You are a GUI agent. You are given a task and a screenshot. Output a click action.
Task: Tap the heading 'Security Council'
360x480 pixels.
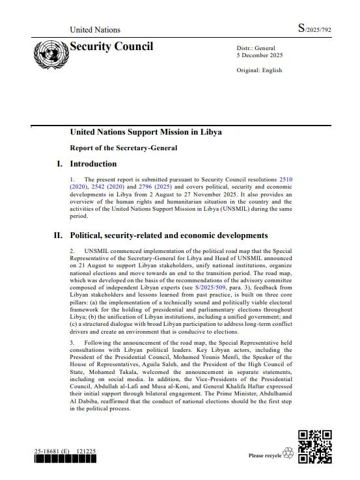pyautogui.click(x=111, y=46)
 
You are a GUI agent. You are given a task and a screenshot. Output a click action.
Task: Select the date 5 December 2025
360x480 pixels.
pyautogui.click(x=259, y=55)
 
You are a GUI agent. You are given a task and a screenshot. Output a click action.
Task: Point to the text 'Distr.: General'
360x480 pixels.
pyautogui.click(x=256, y=48)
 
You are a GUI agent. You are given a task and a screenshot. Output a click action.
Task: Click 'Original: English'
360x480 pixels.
pyautogui.click(x=259, y=70)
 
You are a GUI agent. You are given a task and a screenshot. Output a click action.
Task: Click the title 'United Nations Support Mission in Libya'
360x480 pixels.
pyautogui.click(x=146, y=132)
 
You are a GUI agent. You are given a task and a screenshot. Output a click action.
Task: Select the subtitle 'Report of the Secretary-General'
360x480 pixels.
pyautogui.click(x=124, y=148)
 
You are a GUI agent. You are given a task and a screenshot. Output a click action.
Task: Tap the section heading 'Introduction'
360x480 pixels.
pyautogui.click(x=93, y=164)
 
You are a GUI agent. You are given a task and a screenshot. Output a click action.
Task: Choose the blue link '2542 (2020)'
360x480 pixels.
pyautogui.click(x=106, y=186)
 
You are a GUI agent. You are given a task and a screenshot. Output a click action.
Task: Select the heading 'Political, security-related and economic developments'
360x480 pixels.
pyautogui.click(x=169, y=235)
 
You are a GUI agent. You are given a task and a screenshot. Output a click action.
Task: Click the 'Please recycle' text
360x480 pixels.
pyautogui.click(x=264, y=455)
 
